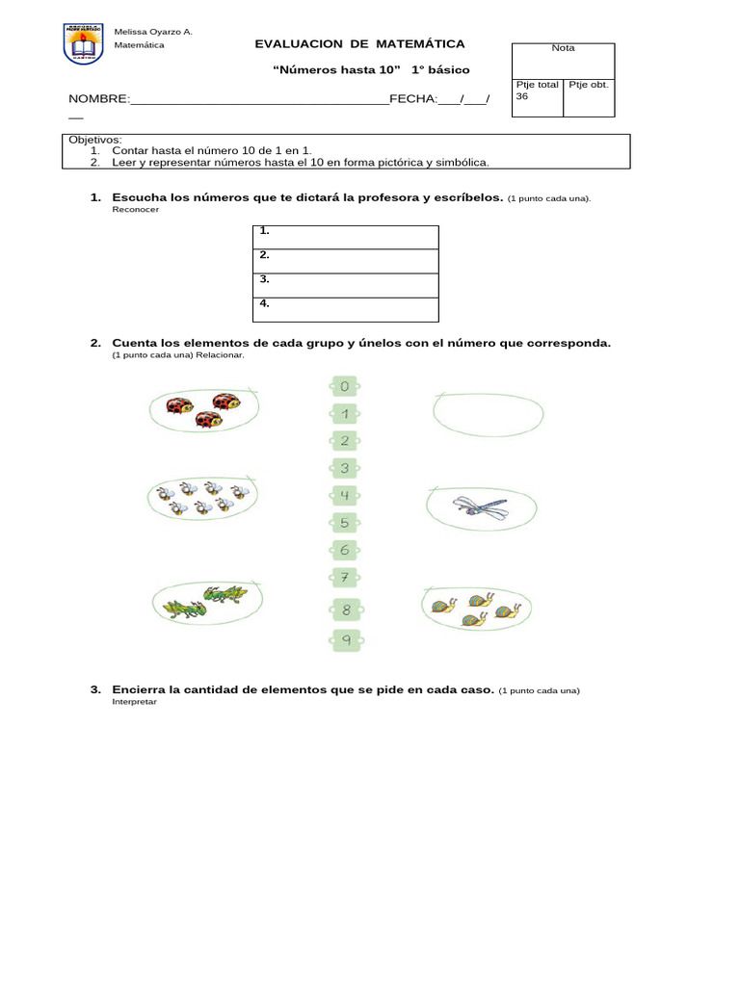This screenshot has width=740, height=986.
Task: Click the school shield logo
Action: point(83,44)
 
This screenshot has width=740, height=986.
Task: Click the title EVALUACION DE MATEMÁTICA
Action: point(359,44)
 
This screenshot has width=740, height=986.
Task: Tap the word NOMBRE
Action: point(97,99)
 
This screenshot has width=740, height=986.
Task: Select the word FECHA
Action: point(411,99)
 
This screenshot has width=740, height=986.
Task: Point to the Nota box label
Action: point(563,48)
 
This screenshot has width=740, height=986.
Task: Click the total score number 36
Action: point(522,96)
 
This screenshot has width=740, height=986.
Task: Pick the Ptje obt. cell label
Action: point(588,85)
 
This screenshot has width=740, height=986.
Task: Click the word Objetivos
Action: point(94,140)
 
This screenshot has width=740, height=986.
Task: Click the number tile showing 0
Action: point(344,387)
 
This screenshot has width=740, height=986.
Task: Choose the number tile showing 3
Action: point(344,469)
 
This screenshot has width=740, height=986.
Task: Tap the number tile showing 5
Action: point(344,523)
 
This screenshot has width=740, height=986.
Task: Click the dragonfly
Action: point(478,506)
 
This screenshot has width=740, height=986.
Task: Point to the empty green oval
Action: point(489,412)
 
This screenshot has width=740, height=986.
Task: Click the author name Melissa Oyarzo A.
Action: point(153,32)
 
